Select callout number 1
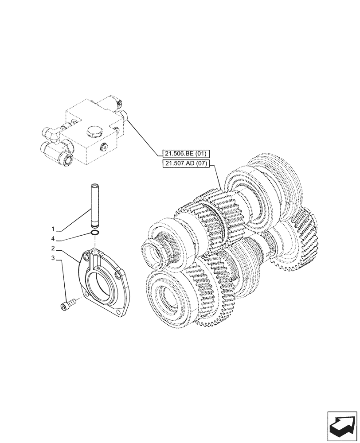pyautogui.click(x=53, y=229)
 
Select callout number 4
pyautogui.click(x=53, y=240)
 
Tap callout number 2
pyautogui.click(x=53, y=248)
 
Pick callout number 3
pyautogui.click(x=53, y=257)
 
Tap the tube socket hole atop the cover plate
pyautogui.click(x=94, y=252)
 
